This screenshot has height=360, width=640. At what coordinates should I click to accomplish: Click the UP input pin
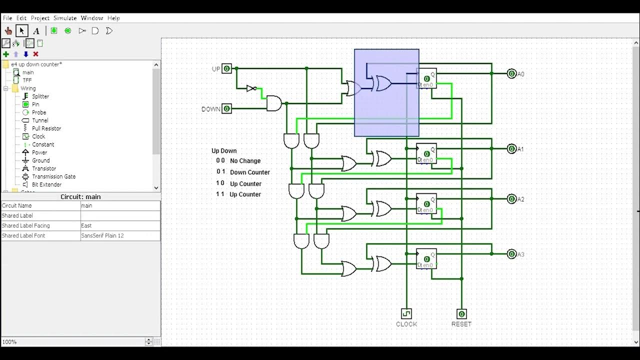(x=226, y=68)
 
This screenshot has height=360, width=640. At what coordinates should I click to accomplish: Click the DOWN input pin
(x=226, y=108)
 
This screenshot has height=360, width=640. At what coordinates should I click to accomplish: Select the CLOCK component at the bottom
(x=406, y=313)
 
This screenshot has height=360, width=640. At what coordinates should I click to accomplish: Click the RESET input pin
(x=461, y=314)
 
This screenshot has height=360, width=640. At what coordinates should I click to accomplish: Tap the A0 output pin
(x=511, y=73)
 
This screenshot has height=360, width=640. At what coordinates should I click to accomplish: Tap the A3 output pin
(x=511, y=254)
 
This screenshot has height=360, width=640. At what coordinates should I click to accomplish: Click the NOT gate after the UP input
(x=251, y=88)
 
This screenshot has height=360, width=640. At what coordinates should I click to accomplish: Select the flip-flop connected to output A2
(x=426, y=203)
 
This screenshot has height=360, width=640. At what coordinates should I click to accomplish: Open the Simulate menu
(x=65, y=18)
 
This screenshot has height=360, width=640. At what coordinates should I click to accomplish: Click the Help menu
(x=113, y=18)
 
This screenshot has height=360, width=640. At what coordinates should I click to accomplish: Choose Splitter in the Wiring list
(x=40, y=96)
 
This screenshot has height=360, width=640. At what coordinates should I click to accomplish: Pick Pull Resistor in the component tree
(x=46, y=128)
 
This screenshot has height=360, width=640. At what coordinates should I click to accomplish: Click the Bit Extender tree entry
(x=46, y=184)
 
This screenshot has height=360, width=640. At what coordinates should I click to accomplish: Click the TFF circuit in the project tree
(x=26, y=80)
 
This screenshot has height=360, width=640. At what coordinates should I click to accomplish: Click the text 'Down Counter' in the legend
(x=250, y=172)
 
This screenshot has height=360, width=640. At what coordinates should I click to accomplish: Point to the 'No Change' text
(x=245, y=161)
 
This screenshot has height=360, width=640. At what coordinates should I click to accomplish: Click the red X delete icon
(x=35, y=54)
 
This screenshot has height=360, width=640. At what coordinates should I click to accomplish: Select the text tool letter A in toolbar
(x=36, y=31)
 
